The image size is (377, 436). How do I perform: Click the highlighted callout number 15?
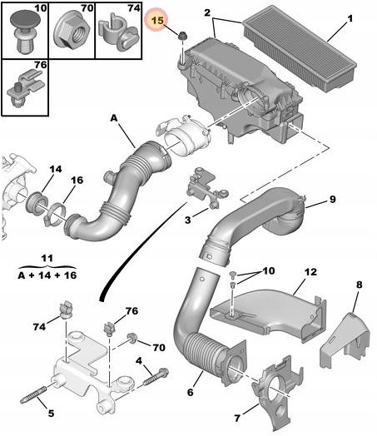[x=157, y=20]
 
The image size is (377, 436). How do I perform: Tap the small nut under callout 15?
[x=181, y=36]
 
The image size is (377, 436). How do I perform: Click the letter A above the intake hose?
[x=114, y=118]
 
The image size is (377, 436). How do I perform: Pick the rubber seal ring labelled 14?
[x=37, y=202]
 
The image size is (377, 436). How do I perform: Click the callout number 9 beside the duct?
[x=333, y=199]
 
